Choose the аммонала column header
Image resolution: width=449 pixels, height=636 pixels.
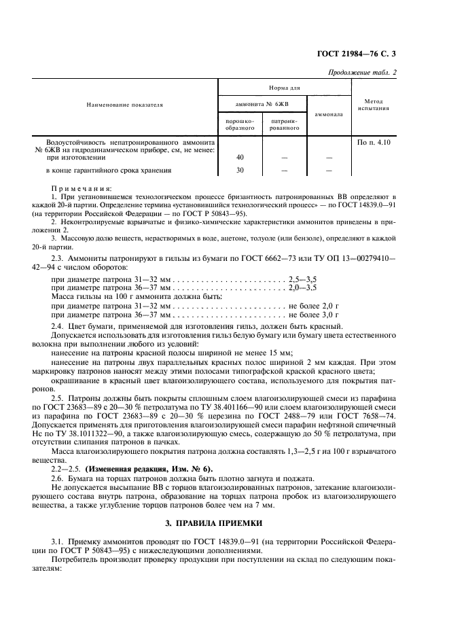tap(329, 114)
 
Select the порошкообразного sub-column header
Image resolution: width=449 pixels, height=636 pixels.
tap(240, 124)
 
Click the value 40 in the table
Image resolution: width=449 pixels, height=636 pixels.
tap(240, 158)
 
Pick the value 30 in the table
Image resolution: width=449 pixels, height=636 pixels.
tap(240, 170)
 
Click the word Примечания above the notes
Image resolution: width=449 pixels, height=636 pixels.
tap(82, 188)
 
